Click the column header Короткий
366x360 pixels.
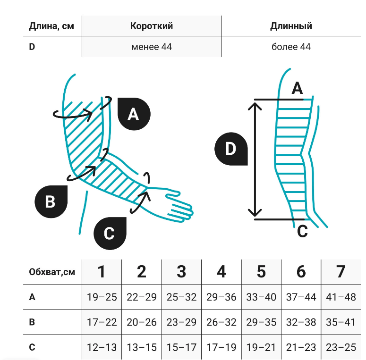(x=152, y=26)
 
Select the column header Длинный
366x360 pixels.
(x=291, y=26)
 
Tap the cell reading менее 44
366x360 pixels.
(x=152, y=47)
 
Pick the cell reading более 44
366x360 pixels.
(x=291, y=47)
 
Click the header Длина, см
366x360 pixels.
(x=51, y=26)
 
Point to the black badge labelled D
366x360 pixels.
(x=230, y=149)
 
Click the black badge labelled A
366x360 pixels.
(x=134, y=114)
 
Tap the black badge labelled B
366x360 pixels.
(x=51, y=201)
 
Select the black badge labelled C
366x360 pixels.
(x=110, y=233)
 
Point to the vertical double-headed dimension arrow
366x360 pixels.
(x=255, y=159)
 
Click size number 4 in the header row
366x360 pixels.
(x=221, y=272)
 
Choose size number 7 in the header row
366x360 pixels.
(x=340, y=272)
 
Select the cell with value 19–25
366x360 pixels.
(x=102, y=297)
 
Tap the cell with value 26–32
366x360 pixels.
(x=221, y=323)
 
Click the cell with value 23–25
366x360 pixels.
(x=340, y=348)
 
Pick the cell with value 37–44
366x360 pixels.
(x=301, y=297)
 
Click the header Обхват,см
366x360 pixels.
(x=51, y=272)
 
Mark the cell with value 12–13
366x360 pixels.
(x=102, y=348)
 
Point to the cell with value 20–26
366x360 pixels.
(x=142, y=323)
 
